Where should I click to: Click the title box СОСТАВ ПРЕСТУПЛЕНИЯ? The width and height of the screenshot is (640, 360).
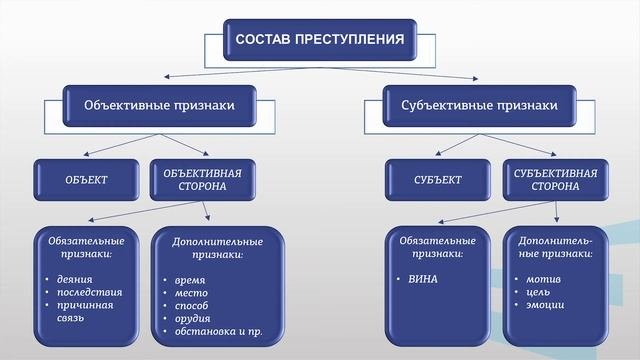pyautogui.click(x=319, y=41)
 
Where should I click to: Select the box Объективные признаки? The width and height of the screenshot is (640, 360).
pyautogui.click(x=159, y=105)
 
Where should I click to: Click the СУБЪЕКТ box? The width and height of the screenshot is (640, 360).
pyautogui.click(x=437, y=180)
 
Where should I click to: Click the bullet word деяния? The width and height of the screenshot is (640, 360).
pyautogui.click(x=79, y=277)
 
